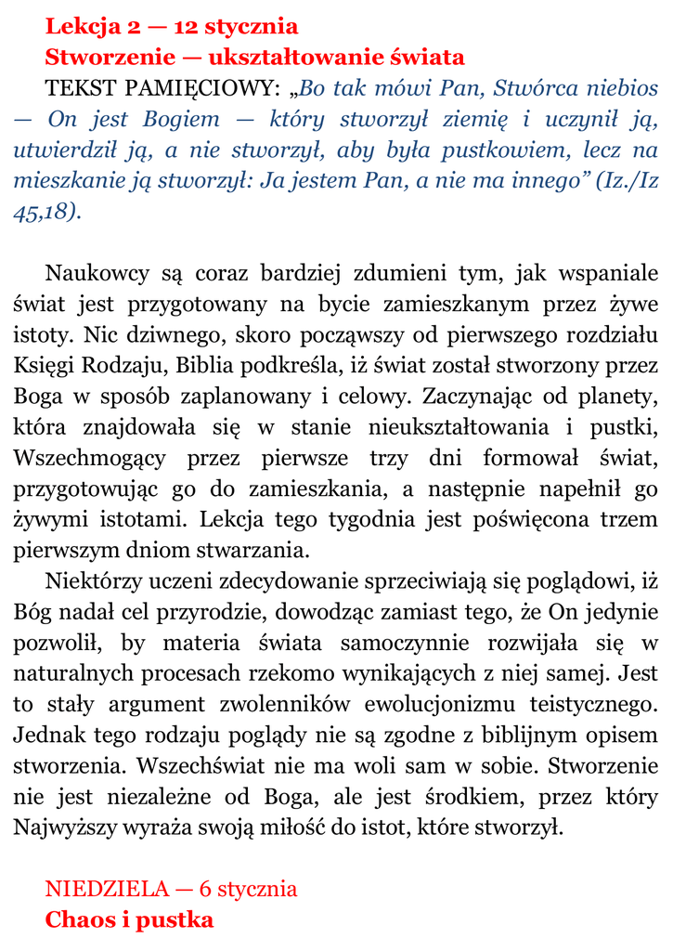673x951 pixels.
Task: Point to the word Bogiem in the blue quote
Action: [182, 120]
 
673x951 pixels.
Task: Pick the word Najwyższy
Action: [72, 827]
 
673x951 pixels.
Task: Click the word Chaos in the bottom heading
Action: [78, 919]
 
